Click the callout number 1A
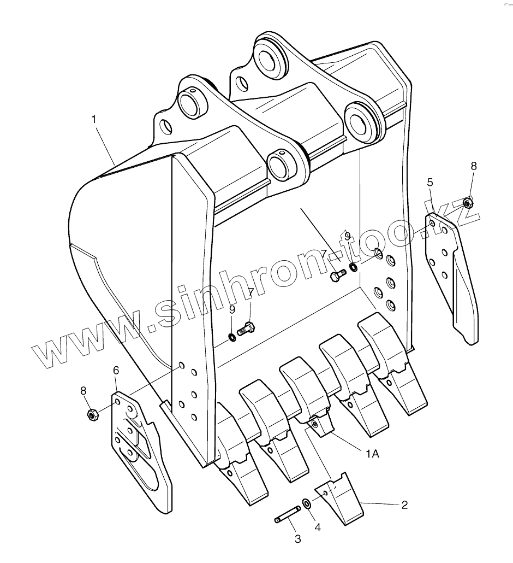click(x=373, y=453)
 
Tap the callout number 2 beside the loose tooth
click(x=404, y=505)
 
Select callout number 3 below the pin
click(x=297, y=539)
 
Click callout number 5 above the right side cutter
click(x=430, y=182)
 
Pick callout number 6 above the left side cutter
click(x=116, y=371)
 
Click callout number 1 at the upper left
click(x=94, y=118)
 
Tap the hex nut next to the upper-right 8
click(x=467, y=203)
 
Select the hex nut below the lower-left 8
click(x=92, y=415)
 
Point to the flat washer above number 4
click(x=307, y=503)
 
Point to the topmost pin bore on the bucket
click(x=270, y=58)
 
